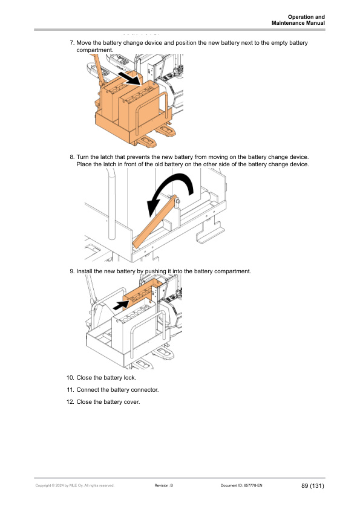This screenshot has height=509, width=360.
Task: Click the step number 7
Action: pyautogui.click(x=72, y=43)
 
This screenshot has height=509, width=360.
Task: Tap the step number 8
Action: pyautogui.click(x=72, y=157)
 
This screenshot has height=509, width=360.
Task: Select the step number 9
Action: pyautogui.click(x=72, y=271)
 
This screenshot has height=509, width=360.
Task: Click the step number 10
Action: pyautogui.click(x=71, y=378)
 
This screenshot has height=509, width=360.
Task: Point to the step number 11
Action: pyautogui.click(x=71, y=390)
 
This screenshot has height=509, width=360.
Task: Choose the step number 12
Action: pyautogui.click(x=71, y=402)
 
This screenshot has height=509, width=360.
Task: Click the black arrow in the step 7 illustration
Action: pyautogui.click(x=129, y=79)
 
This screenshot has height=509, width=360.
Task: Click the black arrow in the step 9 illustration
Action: pyautogui.click(x=122, y=305)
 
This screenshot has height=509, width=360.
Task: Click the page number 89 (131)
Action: pyautogui.click(x=313, y=485)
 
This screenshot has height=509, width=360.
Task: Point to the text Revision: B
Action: pyautogui.click(x=164, y=485)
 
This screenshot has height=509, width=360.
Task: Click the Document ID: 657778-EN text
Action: pyautogui.click(x=241, y=485)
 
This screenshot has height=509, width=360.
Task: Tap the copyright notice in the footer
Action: pyautogui.click(x=75, y=485)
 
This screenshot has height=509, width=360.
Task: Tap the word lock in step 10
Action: pyautogui.click(x=129, y=378)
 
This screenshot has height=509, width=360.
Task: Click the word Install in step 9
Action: pyautogui.click(x=84, y=271)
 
